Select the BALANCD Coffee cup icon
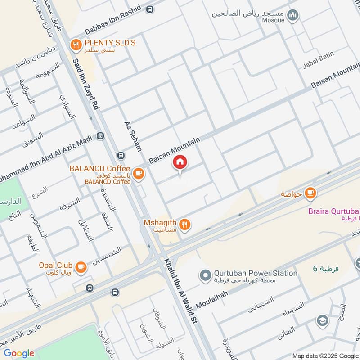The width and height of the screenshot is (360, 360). [139, 173]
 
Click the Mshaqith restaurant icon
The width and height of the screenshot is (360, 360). [184, 224]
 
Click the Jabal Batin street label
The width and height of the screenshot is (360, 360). [320, 57]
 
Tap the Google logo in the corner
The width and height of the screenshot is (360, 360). [19, 353]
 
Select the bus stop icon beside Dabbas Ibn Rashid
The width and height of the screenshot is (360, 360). [150, 9]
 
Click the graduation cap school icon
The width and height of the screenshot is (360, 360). [322, 320]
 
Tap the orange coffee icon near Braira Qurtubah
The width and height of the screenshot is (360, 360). [310, 193]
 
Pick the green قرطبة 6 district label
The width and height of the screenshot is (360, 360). [325, 269]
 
